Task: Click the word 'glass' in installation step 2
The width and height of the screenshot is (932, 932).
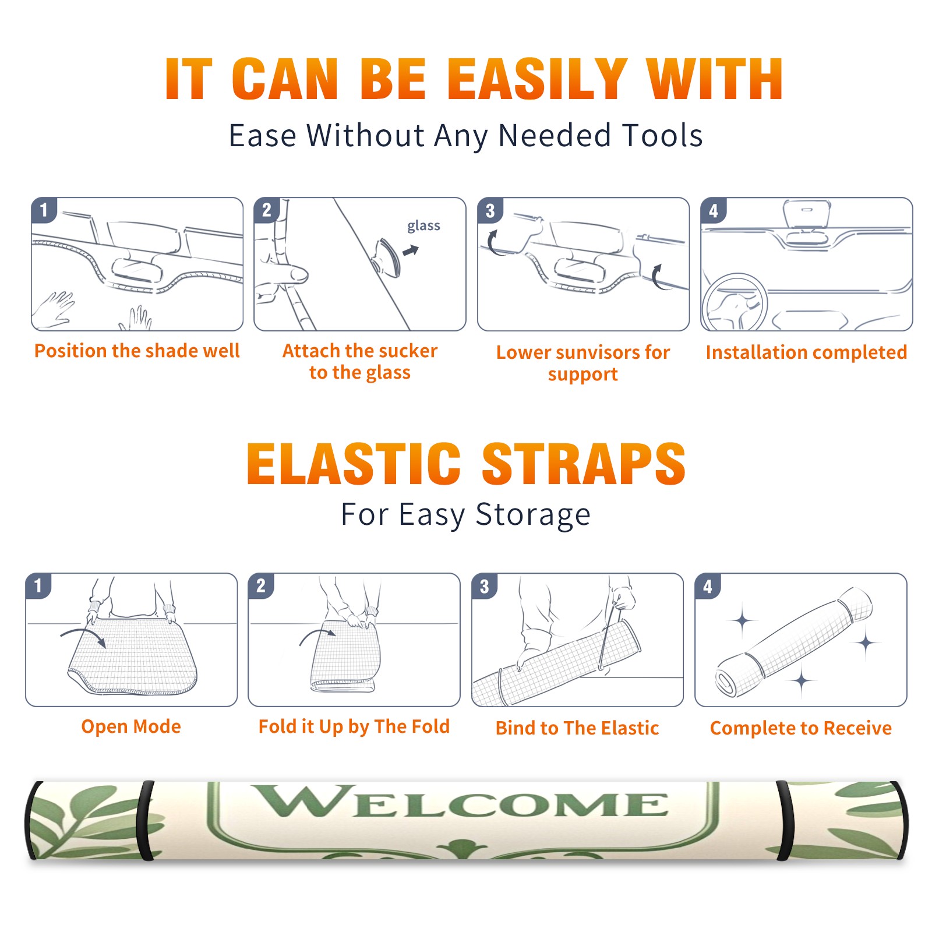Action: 423,226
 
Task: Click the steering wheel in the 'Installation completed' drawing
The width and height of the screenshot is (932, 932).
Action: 735,302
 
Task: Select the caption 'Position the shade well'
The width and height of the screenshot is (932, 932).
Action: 137,351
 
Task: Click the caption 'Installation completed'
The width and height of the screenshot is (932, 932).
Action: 806,352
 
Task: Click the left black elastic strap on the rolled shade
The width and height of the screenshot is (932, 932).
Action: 146,820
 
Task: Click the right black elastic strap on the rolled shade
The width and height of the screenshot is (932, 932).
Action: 785,820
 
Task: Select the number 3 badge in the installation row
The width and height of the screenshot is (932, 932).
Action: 490,210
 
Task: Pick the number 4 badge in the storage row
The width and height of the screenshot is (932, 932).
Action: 708,586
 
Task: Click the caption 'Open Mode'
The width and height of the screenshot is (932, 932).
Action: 131,726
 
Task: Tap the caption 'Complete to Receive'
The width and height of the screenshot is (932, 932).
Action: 801,728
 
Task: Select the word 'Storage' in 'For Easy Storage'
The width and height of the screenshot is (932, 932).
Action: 533,515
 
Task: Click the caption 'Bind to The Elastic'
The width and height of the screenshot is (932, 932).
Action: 577,728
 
